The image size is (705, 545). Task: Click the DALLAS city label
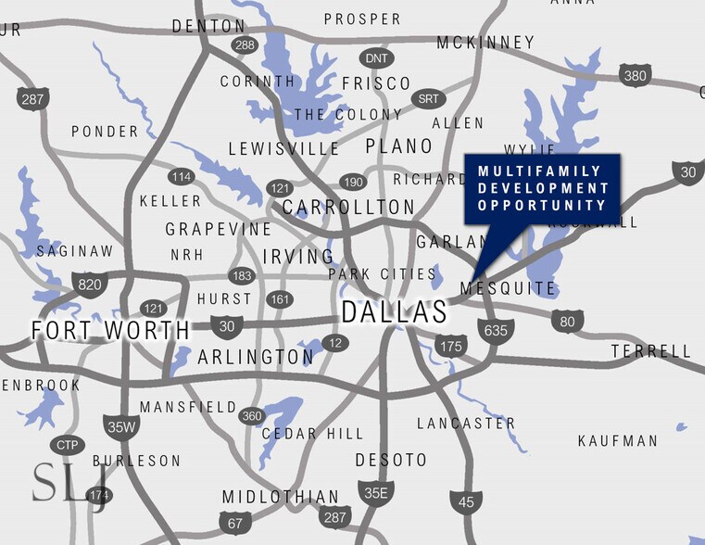tap(394, 312)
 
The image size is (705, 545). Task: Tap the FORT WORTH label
tap(109, 330)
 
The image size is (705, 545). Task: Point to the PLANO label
tap(399, 146)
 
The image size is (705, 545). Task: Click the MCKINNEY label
tap(485, 43)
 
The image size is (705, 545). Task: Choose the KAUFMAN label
tap(617, 441)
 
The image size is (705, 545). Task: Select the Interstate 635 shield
tap(495, 331)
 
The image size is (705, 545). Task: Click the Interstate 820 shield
tap(89, 284)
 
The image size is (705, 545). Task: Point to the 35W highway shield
tap(120, 426)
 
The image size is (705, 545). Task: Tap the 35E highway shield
tap(375, 492)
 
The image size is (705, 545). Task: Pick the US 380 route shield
tap(636, 75)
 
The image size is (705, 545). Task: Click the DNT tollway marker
tap(377, 58)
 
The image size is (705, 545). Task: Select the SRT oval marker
tap(428, 98)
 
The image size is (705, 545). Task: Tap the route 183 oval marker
tap(242, 275)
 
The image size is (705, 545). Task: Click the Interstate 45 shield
tap(466, 502)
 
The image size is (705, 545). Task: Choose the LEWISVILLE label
tap(284, 149)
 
